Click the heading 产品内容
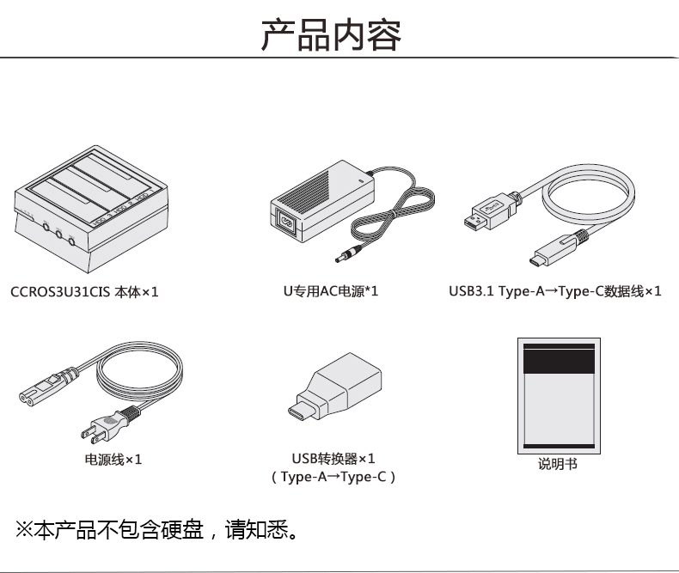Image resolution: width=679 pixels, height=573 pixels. pos(331,36)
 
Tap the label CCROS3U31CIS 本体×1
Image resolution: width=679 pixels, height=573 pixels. pos(84,292)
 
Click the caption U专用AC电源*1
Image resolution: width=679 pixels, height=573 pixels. pos(331,291)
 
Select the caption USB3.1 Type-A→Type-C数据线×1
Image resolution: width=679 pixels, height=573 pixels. pos(554,291)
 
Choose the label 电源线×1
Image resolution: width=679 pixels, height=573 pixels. pos(113,460)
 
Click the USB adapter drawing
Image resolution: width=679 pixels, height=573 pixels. pos(331,392)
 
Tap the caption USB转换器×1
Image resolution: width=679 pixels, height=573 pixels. pos(333,459)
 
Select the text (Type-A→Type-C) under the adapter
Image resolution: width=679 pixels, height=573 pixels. pos(333,477)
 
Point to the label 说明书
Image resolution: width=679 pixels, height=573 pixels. pos(558,464)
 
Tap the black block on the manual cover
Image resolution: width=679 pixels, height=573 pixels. pos(558,362)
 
